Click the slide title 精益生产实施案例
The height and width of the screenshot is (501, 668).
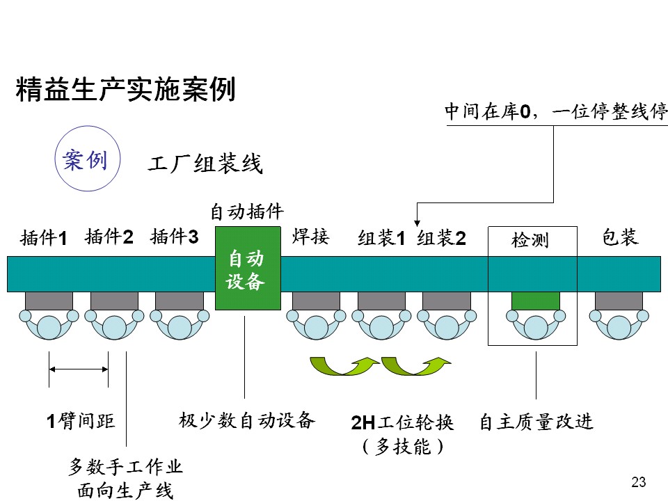(x=125, y=90)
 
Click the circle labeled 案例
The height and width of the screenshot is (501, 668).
(x=85, y=160)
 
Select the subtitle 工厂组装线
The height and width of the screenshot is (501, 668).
(x=205, y=165)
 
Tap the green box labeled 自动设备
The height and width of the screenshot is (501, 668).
(x=246, y=269)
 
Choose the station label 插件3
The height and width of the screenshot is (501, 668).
(x=175, y=237)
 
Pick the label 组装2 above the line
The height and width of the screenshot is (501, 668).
(x=441, y=239)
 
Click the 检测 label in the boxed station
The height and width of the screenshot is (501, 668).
(x=530, y=241)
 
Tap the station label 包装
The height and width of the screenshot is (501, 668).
(x=620, y=237)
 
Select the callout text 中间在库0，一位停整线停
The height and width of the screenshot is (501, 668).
(x=556, y=111)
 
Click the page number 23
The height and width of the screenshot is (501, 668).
(x=638, y=482)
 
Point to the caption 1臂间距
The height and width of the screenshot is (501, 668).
(x=80, y=422)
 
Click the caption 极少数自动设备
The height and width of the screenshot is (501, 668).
(x=247, y=420)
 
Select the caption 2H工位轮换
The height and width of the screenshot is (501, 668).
(x=402, y=422)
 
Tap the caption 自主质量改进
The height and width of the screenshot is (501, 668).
(x=536, y=422)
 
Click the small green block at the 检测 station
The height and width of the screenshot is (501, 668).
(x=536, y=301)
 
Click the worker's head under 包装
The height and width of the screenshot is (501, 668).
(x=619, y=326)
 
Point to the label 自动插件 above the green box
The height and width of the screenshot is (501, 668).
(x=247, y=211)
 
